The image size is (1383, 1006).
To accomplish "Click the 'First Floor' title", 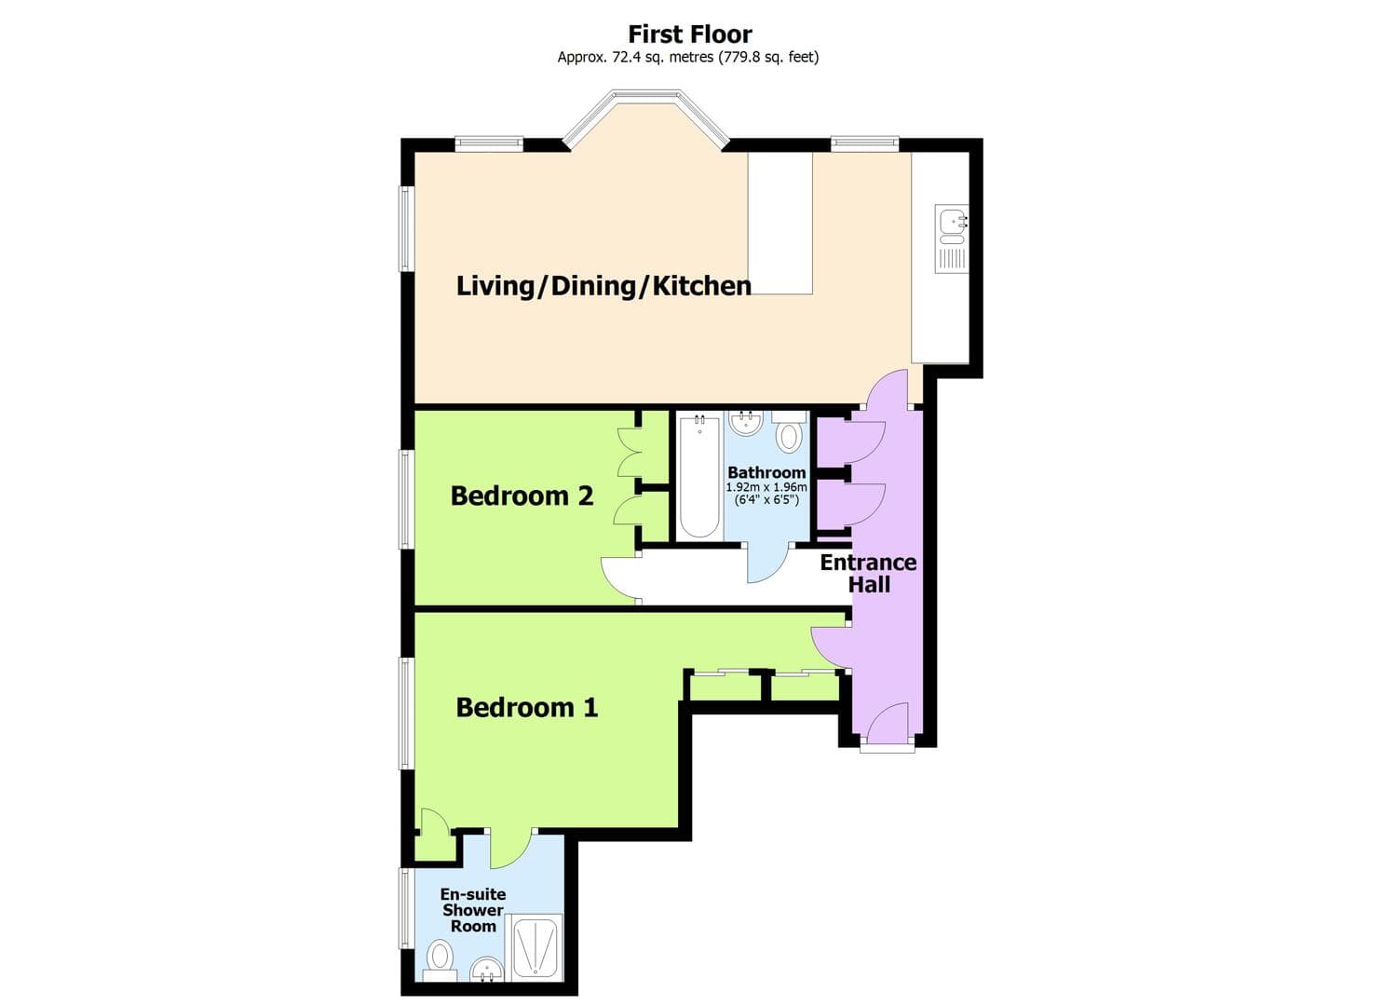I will tap(689, 34).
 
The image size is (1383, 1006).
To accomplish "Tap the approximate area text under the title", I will tap(688, 57).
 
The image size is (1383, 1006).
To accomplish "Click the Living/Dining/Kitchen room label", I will tap(603, 285).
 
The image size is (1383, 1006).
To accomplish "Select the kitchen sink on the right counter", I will tap(952, 224).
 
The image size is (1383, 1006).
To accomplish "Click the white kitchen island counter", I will tap(780, 224).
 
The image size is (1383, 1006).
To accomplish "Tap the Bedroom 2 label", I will tap(522, 496).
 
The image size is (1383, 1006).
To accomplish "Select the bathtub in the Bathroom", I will tap(698, 477).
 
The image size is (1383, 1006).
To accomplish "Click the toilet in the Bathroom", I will tap(790, 434).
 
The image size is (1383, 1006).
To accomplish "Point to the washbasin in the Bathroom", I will tap(746, 424).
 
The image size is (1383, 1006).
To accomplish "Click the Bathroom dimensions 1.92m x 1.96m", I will tap(766, 487).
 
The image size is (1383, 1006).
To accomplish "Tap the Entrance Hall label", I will tap(868, 574).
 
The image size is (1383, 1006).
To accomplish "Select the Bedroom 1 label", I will tap(527, 708).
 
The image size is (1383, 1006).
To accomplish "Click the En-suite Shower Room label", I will tap(473, 910).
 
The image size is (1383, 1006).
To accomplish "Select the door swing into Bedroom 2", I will tap(618, 579).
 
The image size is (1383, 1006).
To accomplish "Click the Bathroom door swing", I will tap(766, 564).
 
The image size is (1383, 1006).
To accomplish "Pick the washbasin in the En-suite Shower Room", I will tap(485, 971).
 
